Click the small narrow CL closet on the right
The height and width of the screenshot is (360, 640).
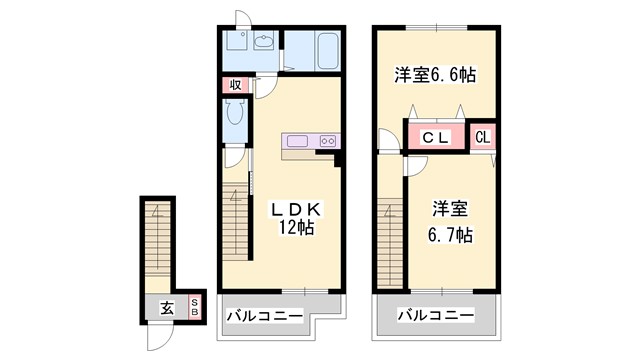(x=482, y=136)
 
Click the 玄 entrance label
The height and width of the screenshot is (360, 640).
(x=165, y=308)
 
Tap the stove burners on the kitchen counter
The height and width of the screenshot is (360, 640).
(x=328, y=141)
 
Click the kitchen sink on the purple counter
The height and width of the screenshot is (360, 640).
(x=297, y=141)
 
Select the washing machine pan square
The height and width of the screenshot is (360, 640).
(x=236, y=43)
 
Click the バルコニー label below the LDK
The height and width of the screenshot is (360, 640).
(x=264, y=316)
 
